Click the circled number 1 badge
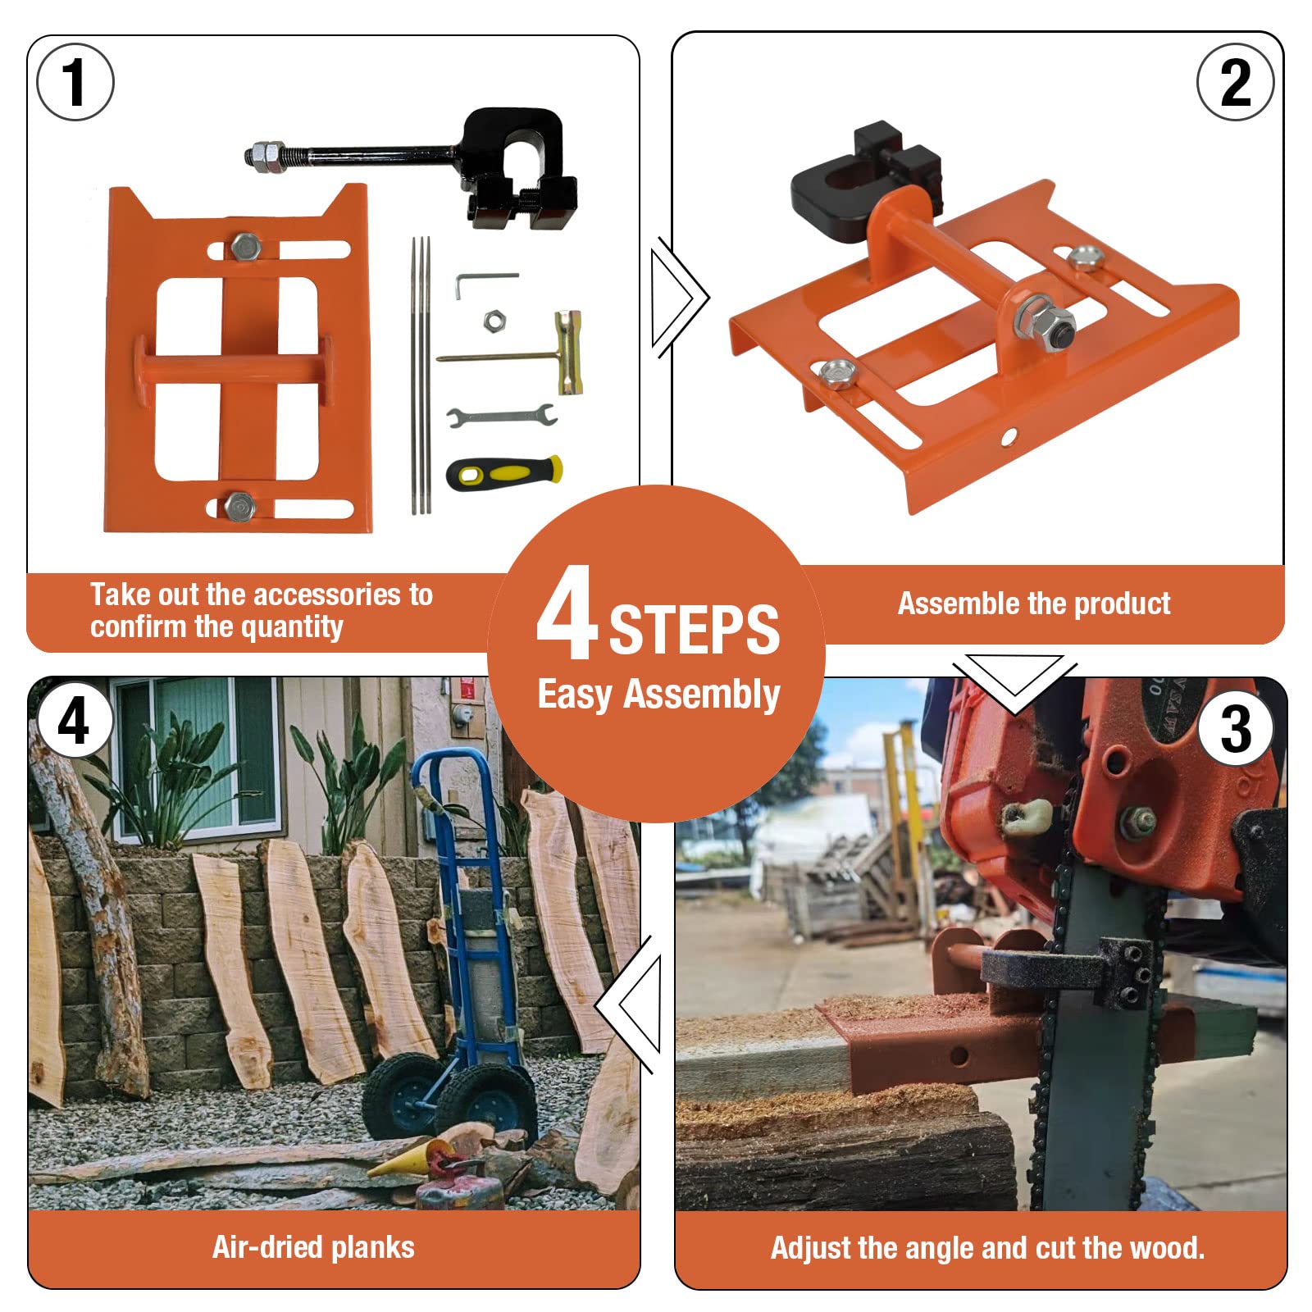[x=75, y=82]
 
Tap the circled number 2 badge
[x=1235, y=82]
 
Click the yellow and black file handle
[x=504, y=473]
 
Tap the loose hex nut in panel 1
[x=493, y=321]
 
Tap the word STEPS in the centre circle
[x=694, y=630]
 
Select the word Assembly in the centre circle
[x=701, y=695]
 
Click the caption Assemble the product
[x=1033, y=604]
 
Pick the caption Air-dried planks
[x=313, y=1247]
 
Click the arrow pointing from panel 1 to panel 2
[x=679, y=297]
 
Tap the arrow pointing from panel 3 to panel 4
[x=628, y=1005]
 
